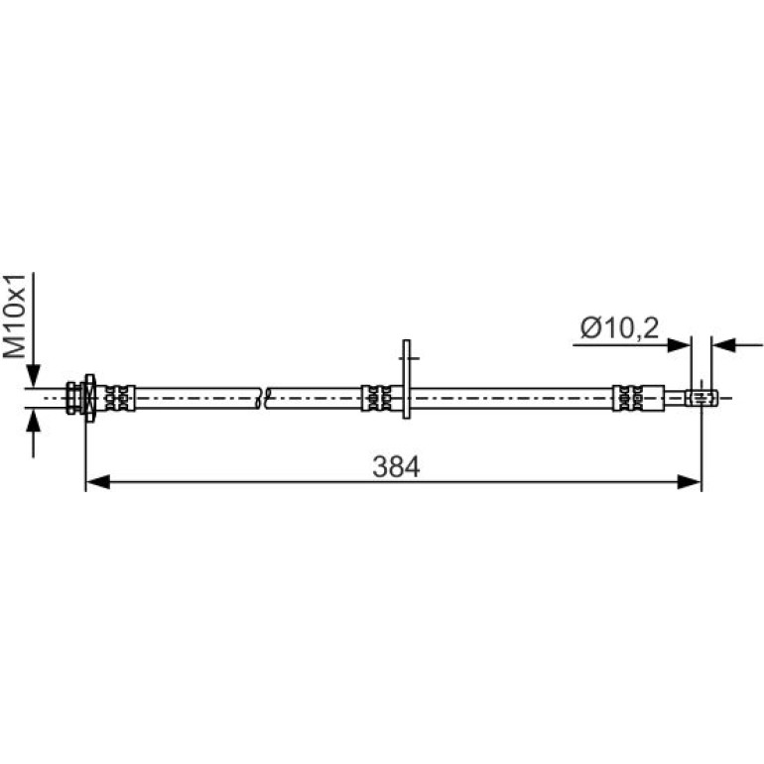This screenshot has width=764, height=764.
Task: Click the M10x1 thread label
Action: coord(14,316)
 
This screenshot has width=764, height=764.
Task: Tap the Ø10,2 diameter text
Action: coord(619,327)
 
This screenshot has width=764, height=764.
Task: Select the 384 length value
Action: coord(396,466)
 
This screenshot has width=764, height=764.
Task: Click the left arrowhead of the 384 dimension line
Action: coord(97,482)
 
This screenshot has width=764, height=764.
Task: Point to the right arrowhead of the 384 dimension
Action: coord(690,482)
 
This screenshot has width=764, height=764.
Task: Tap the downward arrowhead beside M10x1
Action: coord(33,376)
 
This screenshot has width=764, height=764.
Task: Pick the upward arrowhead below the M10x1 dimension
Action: coord(33,421)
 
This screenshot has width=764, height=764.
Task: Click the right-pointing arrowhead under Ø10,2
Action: coord(679,345)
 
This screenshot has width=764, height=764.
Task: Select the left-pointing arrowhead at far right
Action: coord(723,345)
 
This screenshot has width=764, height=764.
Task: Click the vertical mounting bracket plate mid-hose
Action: coord(407,379)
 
